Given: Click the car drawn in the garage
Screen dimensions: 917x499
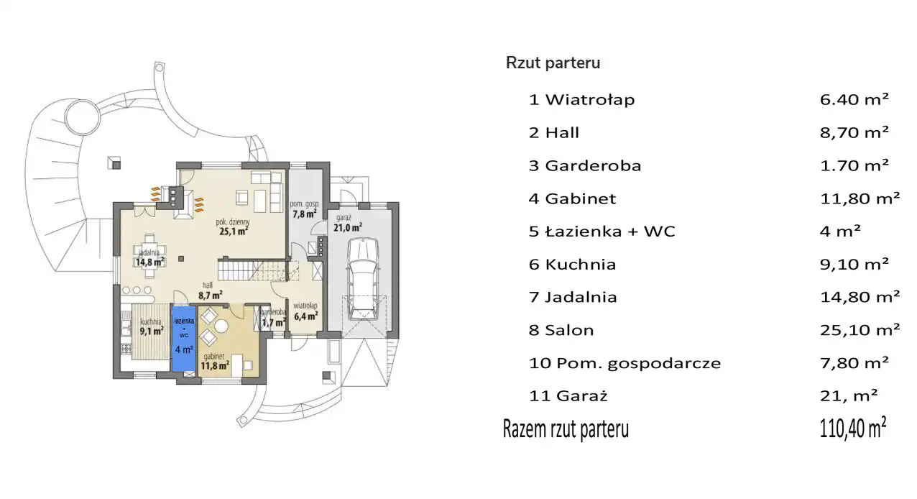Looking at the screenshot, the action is pos(363,278).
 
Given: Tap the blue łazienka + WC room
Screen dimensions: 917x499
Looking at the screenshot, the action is pos(184,339).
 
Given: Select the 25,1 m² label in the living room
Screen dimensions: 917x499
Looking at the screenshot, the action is pos(234,232).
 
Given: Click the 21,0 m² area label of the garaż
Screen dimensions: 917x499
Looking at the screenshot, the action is pos(348,227).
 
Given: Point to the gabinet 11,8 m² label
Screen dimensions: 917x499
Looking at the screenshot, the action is pos(214,362).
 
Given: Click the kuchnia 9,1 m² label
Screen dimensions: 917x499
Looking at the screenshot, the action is pos(152,327).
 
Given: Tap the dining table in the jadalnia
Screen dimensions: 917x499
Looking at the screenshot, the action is pos(149,256).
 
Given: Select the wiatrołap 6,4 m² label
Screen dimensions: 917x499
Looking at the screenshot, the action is pos(305,312).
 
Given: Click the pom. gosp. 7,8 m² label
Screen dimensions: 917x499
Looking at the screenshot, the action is pos(305,209).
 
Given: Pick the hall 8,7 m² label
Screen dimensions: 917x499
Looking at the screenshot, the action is pos(210,290).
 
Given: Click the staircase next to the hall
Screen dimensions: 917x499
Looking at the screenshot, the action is pos(252,270).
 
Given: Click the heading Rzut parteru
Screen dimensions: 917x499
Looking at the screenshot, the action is pos(553,63).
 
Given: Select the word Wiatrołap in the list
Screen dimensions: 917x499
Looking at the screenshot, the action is pos(590,99).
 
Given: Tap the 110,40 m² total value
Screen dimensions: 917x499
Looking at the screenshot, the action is pos(853,428).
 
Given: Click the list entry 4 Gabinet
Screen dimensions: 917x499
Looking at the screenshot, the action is pos(572,198).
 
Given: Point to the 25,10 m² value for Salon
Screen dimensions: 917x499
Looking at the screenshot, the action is pos(860,330).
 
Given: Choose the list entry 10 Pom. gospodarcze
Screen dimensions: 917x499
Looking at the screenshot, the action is pos(625,363).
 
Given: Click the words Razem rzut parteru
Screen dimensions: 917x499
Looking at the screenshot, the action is pos(566,429).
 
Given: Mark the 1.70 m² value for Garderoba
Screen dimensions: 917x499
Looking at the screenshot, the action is pos(854,165).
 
